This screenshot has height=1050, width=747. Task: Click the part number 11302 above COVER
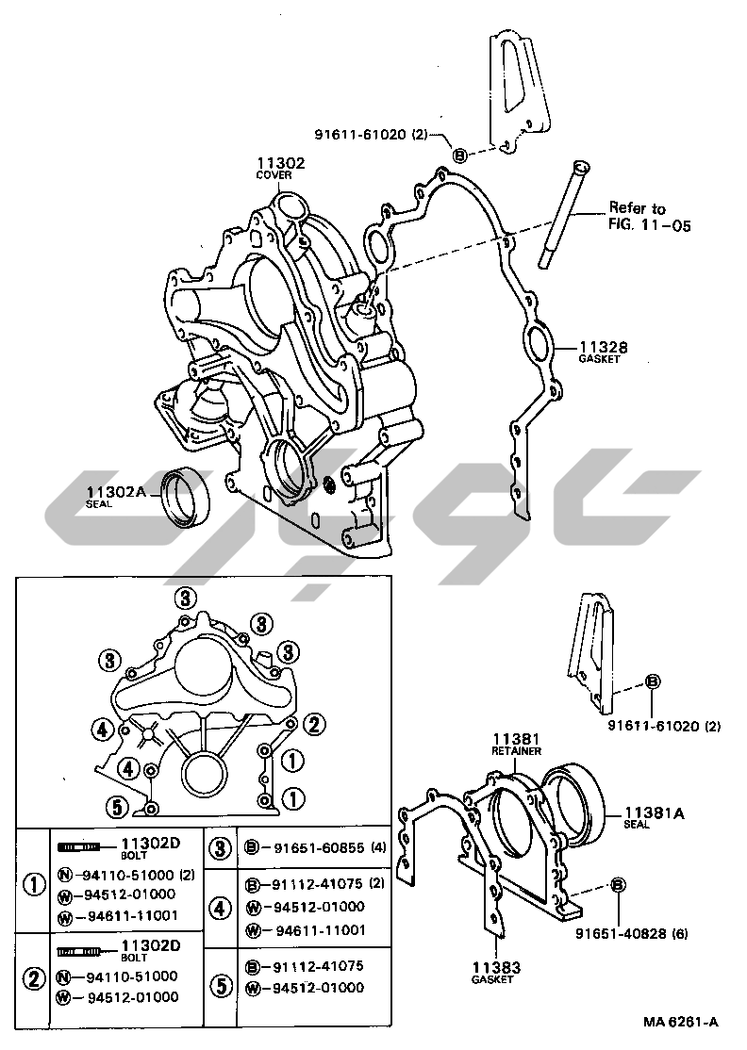click(280, 163)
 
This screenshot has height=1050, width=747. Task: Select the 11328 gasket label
click(604, 348)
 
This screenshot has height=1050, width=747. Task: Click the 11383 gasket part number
click(496, 968)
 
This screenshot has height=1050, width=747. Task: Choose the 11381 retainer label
click(517, 739)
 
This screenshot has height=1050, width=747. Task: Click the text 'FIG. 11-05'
click(649, 224)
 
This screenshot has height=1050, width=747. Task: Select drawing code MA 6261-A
click(681, 1022)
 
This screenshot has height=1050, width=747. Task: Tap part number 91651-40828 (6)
click(631, 933)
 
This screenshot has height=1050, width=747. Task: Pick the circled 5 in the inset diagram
click(117, 809)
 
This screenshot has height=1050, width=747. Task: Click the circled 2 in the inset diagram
click(314, 723)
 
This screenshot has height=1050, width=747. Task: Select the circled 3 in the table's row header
click(221, 848)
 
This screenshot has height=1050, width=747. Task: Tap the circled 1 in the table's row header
click(34, 885)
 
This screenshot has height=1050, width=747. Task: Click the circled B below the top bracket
click(459, 156)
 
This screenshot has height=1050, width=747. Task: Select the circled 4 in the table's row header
click(221, 908)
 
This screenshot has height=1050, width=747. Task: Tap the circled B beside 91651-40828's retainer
click(618, 885)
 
